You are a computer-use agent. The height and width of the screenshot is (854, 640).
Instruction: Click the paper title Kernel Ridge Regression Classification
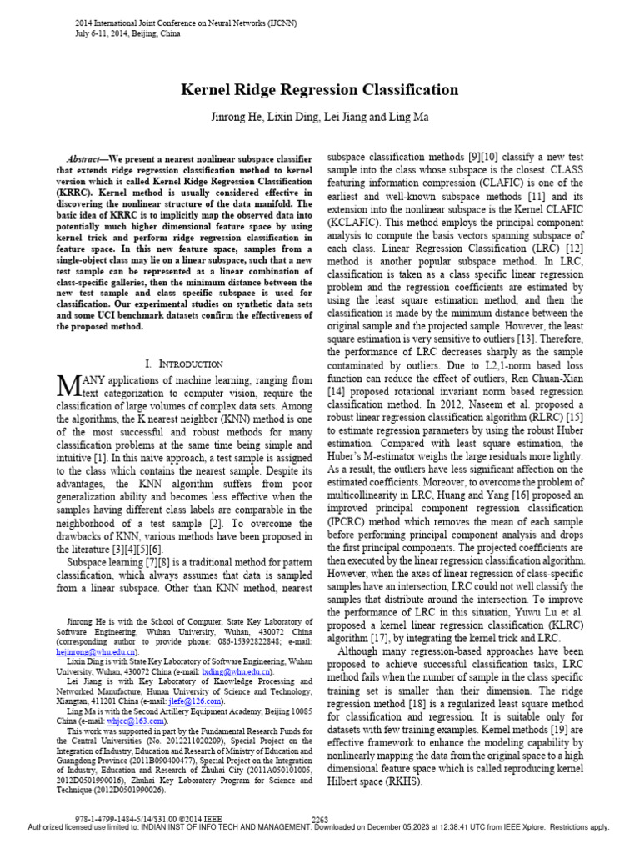(319, 90)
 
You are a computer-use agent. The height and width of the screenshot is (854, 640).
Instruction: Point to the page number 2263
(320, 820)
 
